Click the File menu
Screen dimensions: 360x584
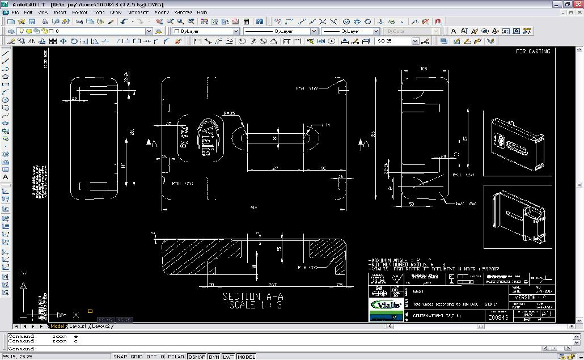click(x=15, y=12)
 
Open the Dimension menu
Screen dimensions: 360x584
click(x=138, y=12)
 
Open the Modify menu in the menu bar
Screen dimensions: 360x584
click(x=162, y=12)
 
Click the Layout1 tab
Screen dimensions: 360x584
click(x=78, y=327)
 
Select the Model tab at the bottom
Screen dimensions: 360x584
click(x=57, y=327)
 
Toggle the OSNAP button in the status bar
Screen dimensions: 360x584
click(x=197, y=357)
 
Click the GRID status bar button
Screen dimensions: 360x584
click(x=136, y=357)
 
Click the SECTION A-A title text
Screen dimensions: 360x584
click(x=252, y=297)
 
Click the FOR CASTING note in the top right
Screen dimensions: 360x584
click(x=533, y=52)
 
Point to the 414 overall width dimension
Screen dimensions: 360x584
click(x=253, y=208)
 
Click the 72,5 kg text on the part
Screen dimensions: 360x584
click(x=184, y=137)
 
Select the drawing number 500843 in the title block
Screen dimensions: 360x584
click(x=499, y=317)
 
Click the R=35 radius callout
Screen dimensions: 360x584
click(x=229, y=113)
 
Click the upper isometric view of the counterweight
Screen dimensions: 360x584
click(x=518, y=143)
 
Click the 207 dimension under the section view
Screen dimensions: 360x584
click(x=272, y=285)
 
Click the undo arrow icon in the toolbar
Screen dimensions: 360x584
click(x=124, y=22)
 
